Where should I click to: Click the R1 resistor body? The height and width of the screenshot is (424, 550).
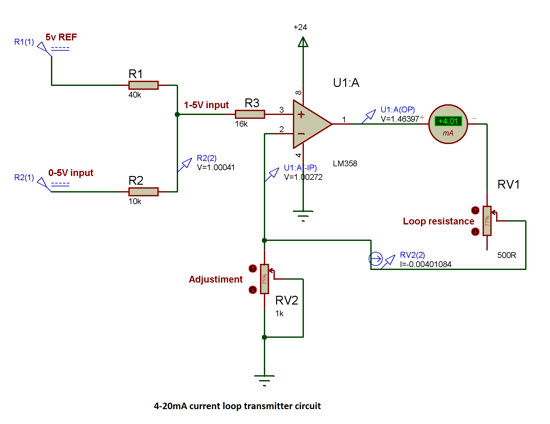coord(143,85)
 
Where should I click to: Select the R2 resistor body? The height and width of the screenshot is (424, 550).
coord(143,192)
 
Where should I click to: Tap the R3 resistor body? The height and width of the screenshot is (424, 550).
coord(250,114)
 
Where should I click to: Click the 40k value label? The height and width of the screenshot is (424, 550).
coord(135,95)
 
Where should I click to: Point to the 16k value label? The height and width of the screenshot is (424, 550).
coord(241,124)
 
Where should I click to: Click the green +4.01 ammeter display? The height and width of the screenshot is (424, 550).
coord(448,121)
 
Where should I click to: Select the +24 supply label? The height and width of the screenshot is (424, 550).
coord(300,27)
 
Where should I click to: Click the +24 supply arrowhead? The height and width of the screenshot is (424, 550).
coord(303,42)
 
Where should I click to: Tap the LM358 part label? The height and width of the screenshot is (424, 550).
coord(345,164)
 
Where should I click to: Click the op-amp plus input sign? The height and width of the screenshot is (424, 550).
coord(301,114)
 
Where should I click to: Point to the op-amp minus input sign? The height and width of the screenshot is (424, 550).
coord(301,133)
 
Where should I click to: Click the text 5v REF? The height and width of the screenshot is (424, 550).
coord(61,37)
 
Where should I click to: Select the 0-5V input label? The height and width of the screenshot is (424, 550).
coord(71,173)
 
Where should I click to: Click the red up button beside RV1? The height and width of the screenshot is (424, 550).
coord(475,211)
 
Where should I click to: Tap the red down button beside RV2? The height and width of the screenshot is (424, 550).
coord(253,290)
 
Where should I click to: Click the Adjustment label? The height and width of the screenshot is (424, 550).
coord(215,279)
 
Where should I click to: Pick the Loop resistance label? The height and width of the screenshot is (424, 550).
coord(438,221)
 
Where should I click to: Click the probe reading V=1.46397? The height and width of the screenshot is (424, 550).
coord(400,119)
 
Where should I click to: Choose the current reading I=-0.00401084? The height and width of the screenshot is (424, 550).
coord(425,264)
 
